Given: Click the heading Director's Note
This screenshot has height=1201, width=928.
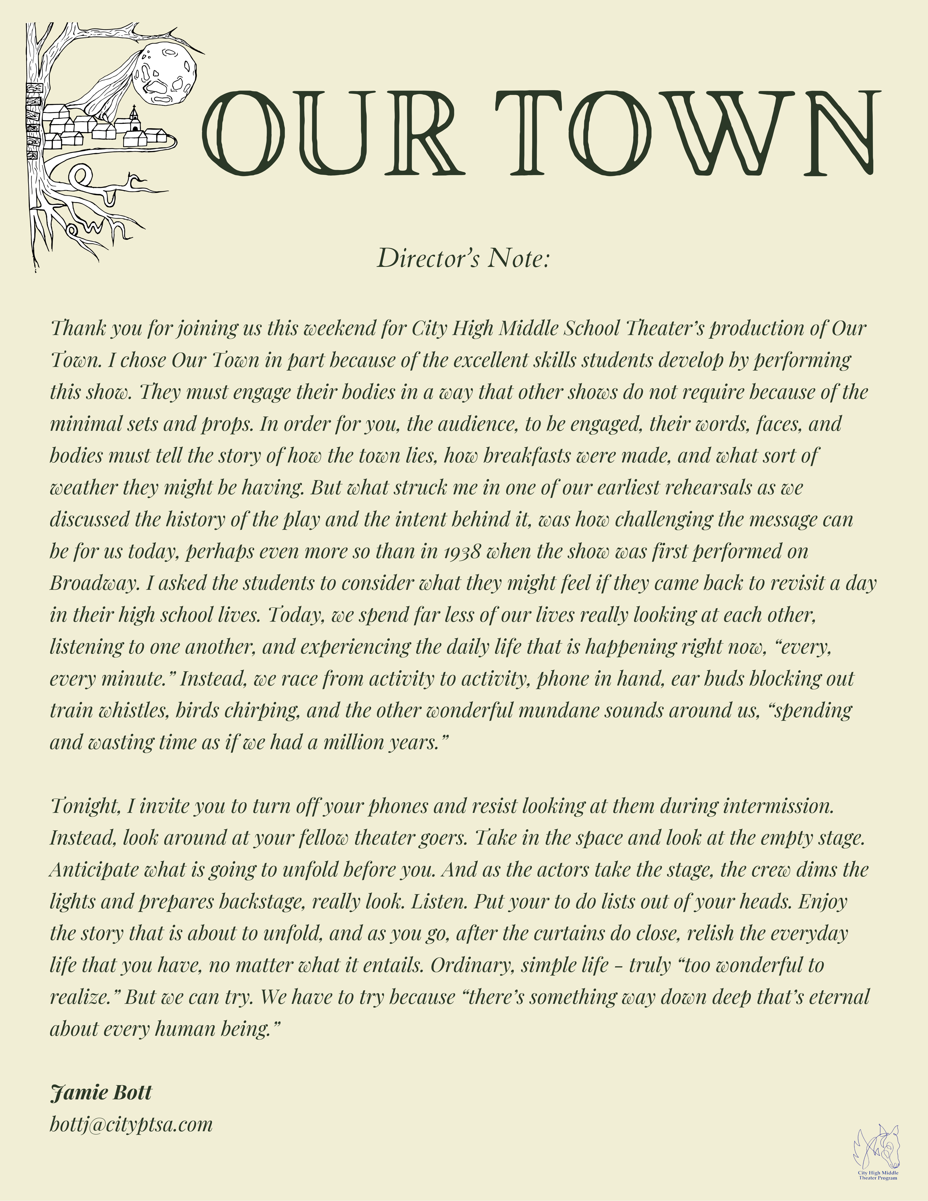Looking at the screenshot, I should tap(463, 258).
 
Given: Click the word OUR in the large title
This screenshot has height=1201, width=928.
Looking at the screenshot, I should tap(330, 134).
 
